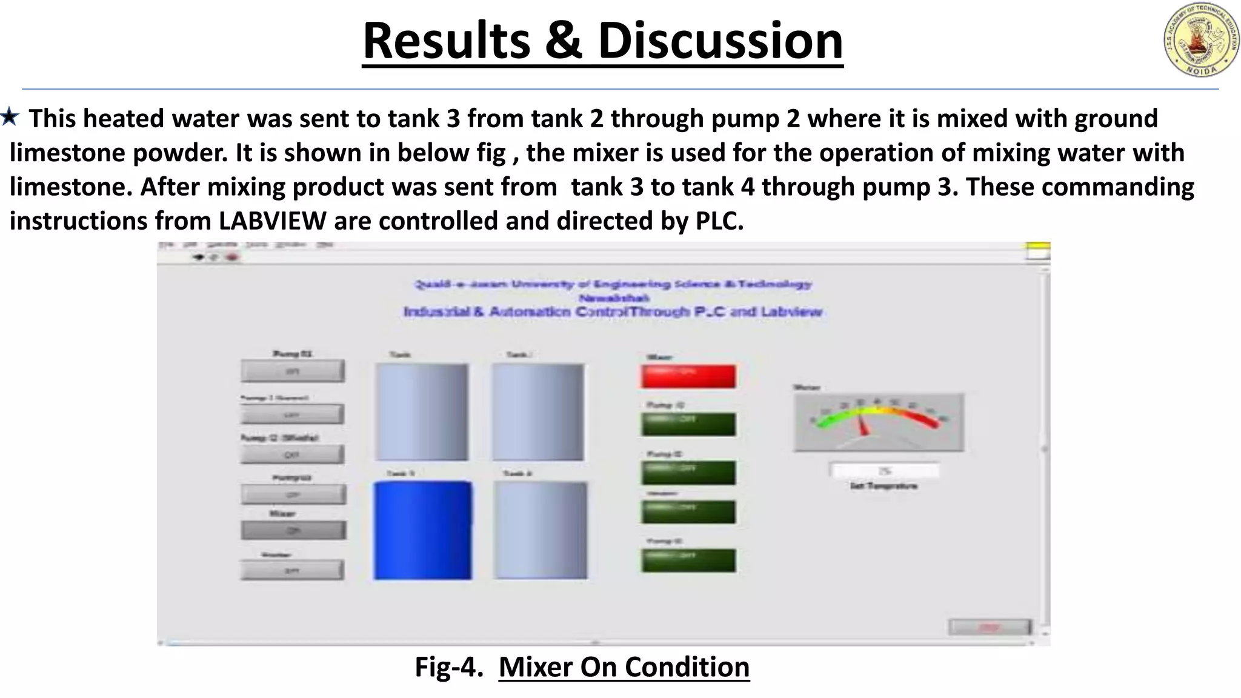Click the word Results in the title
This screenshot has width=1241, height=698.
click(x=446, y=41)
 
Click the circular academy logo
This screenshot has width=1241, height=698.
click(x=1200, y=40)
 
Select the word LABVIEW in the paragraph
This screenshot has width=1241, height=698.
click(x=272, y=221)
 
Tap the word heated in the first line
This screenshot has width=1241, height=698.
click(x=124, y=119)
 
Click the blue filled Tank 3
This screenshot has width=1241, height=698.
click(x=422, y=530)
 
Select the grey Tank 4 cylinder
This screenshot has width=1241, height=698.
click(x=540, y=530)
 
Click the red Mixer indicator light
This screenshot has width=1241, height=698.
click(x=688, y=376)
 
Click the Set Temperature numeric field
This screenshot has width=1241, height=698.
click(x=885, y=471)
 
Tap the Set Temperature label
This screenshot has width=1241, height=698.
click(x=883, y=486)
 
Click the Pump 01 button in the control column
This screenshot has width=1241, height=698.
click(x=293, y=371)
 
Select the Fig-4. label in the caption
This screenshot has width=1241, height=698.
click(x=448, y=667)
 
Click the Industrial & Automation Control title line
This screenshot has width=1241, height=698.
click(x=613, y=312)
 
